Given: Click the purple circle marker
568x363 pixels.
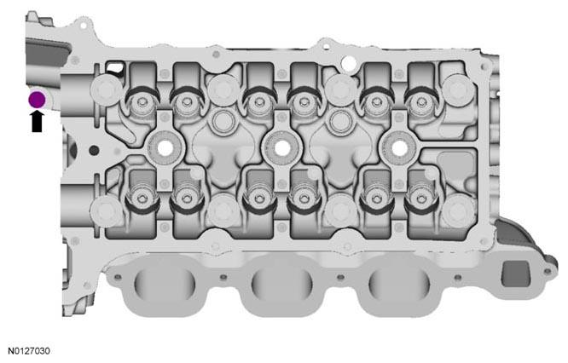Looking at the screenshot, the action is coord(37,100).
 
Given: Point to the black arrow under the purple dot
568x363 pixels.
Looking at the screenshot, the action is coord(37,121).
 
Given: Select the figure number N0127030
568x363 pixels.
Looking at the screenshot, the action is coord(29,351).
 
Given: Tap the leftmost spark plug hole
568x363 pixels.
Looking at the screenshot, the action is coord(165,148).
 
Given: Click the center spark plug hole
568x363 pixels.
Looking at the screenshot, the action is coord(282,148).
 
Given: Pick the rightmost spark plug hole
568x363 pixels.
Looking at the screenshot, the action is coord(399,148).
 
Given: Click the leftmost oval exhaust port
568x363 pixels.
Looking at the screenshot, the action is coord(165,283).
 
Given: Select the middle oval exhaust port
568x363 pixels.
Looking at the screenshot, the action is coord(281,283).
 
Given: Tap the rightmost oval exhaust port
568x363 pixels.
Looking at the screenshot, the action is coord(399,283).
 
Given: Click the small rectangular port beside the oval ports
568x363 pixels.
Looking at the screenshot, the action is coord(515,274).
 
